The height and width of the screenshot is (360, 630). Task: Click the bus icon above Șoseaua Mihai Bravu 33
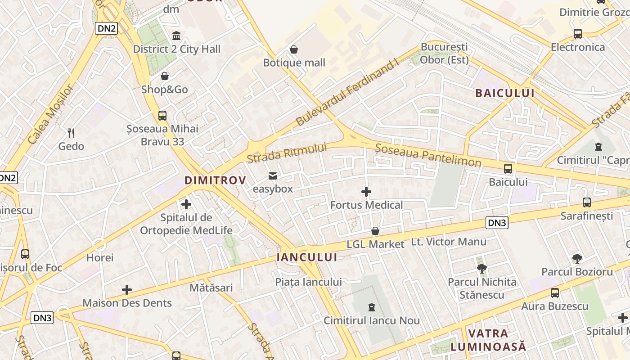(x=162, y=116)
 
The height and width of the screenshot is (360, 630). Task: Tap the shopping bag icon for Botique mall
(x=294, y=49)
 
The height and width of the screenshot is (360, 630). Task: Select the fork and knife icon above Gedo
(x=71, y=133)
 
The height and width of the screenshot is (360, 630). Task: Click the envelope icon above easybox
(x=273, y=175)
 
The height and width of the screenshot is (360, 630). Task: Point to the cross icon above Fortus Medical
(x=366, y=192)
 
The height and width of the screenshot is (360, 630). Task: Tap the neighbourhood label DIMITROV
(x=216, y=180)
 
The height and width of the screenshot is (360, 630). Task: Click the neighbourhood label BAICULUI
(x=505, y=93)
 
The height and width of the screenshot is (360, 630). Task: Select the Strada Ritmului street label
(x=287, y=153)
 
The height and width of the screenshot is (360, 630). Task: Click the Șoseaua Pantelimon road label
(x=428, y=155)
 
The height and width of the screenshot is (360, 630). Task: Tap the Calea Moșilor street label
(x=49, y=114)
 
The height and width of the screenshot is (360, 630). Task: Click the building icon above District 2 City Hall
(x=176, y=36)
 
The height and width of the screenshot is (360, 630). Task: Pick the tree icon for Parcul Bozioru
(x=577, y=259)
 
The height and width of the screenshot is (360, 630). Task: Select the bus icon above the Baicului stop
(x=508, y=169)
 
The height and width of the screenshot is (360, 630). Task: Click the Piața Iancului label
(x=309, y=282)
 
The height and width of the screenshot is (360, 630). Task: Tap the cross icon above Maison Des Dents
(x=127, y=289)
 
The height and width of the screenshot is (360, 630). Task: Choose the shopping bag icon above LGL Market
(x=375, y=231)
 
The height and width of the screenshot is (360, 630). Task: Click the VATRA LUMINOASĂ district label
(x=488, y=340)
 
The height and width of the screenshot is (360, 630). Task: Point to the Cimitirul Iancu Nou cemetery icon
(x=371, y=307)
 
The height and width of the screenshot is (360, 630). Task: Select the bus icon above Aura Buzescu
(x=554, y=293)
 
